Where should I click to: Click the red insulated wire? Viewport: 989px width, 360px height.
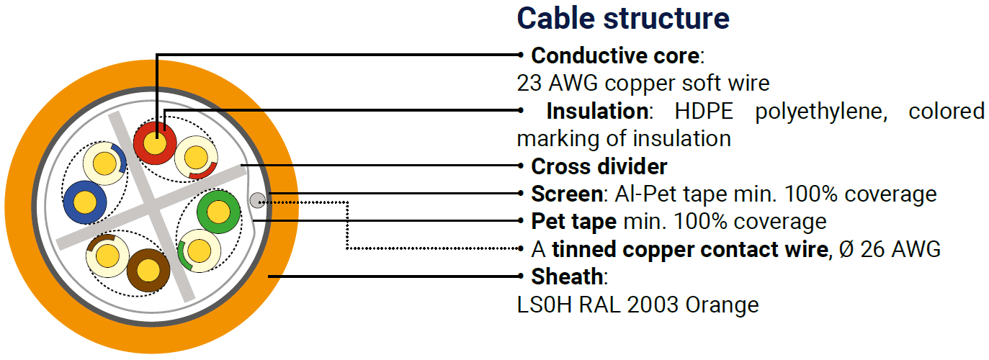(x=155, y=143)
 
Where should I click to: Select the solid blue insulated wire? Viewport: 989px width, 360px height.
(x=85, y=202)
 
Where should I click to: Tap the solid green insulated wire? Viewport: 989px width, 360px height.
(x=218, y=212)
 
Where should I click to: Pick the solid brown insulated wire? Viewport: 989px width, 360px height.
(x=148, y=270)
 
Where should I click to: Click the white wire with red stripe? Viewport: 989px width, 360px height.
(x=196, y=158)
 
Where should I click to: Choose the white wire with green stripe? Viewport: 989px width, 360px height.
(x=199, y=251)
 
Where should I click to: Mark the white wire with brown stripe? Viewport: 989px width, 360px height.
(x=108, y=256)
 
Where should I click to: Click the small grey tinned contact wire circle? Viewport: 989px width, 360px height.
(x=258, y=200)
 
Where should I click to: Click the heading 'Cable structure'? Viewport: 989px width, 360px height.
(x=623, y=19)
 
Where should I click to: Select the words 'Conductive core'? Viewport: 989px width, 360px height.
(x=615, y=55)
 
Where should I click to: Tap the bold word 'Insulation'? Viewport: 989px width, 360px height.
(x=597, y=111)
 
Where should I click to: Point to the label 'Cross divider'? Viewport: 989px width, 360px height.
(x=599, y=166)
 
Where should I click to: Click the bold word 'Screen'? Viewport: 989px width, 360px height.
(x=567, y=194)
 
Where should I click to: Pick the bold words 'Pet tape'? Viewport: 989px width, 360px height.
(x=574, y=222)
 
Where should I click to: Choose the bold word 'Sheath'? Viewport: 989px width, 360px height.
(x=567, y=276)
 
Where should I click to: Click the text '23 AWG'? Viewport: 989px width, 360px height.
(x=558, y=84)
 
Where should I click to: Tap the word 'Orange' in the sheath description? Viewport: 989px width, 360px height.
(x=722, y=305)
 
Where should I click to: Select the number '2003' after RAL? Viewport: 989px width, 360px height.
(x=653, y=305)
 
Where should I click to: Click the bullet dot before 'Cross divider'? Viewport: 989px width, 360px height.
(x=521, y=166)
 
